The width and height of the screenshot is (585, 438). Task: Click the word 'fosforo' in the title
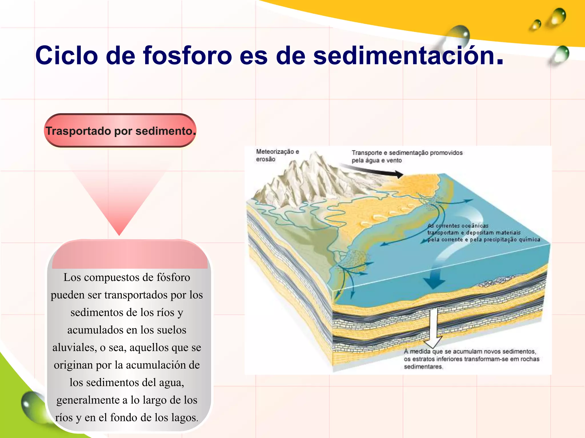pos(187,55)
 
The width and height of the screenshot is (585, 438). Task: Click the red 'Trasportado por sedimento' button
pos(120,131)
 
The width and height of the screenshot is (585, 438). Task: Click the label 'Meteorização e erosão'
pos(277,155)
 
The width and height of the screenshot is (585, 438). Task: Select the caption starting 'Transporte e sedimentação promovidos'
pos(407,156)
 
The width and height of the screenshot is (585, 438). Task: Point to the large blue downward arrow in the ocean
pos(434,278)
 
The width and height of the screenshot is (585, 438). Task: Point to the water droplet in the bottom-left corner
pos(33,406)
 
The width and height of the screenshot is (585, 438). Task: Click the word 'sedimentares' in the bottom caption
pos(423,367)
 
